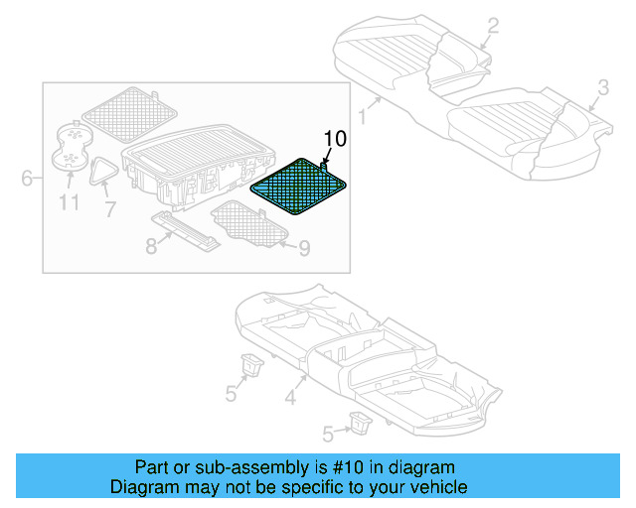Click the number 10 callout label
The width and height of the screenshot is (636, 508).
point(335,139)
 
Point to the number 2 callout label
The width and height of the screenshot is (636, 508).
point(493,27)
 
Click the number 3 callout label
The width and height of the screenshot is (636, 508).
point(602,92)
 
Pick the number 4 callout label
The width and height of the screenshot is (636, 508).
point(290,399)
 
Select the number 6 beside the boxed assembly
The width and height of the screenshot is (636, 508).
point(28,179)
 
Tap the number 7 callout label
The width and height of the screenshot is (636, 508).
point(109,209)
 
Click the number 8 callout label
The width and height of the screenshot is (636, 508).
point(151,245)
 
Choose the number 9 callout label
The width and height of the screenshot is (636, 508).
point(304,247)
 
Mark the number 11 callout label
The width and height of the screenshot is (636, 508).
point(68,204)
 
